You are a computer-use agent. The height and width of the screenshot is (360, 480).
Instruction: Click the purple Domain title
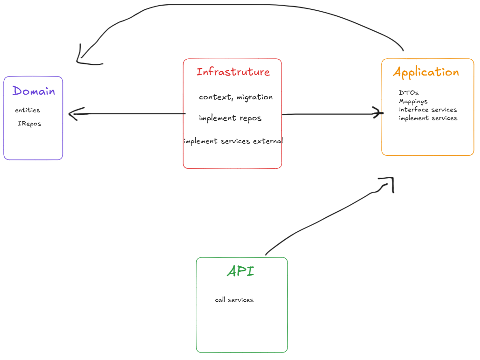pyautogui.click(x=34, y=91)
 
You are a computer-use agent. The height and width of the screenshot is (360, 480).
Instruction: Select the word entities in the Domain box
pyautogui.click(x=27, y=111)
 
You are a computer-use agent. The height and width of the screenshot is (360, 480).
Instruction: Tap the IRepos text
pyautogui.click(x=29, y=124)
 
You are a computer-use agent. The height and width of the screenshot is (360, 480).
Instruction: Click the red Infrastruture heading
pyautogui.click(x=233, y=72)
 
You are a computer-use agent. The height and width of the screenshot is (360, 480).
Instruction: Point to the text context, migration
pyautogui.click(x=235, y=97)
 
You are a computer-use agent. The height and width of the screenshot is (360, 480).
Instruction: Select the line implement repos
pyautogui.click(x=230, y=118)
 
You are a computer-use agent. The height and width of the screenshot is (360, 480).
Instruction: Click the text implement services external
pyautogui.click(x=233, y=141)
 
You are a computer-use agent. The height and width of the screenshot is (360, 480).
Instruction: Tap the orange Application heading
pyautogui.click(x=426, y=72)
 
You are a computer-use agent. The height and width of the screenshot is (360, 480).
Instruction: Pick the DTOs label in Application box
pyautogui.click(x=409, y=93)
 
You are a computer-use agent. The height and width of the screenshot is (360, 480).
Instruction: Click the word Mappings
pyautogui.click(x=413, y=101)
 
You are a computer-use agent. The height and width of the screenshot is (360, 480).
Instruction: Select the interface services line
pyautogui.click(x=427, y=110)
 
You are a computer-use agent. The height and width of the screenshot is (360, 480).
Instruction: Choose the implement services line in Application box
pyautogui.click(x=428, y=118)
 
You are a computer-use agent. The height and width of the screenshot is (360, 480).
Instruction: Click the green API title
pyautogui.click(x=240, y=271)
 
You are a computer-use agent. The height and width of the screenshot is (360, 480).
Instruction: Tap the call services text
pyautogui.click(x=234, y=300)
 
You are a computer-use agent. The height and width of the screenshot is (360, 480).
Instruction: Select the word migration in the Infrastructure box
pyautogui.click(x=254, y=97)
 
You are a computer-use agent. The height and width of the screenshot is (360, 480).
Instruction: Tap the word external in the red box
pyautogui.click(x=267, y=141)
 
